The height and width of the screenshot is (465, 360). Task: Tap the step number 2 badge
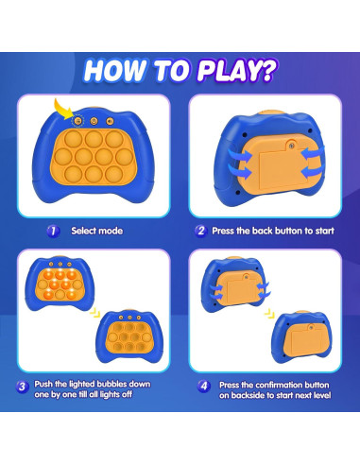tap(199, 230)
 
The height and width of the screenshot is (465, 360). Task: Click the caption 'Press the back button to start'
tap(270, 230)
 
